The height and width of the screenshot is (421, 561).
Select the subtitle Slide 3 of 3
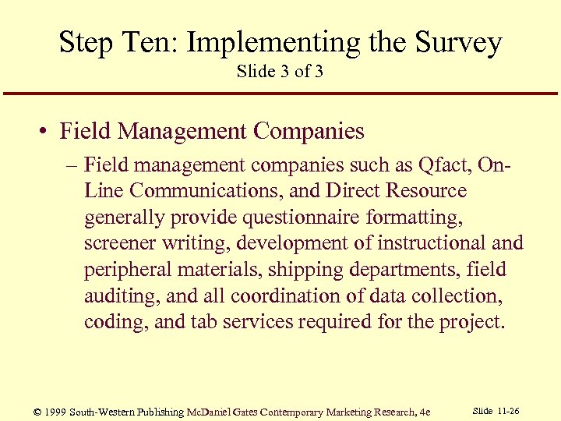point(280,72)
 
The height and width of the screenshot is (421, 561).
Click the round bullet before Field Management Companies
point(45,132)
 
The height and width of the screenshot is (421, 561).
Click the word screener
point(118,243)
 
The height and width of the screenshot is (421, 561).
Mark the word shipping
point(302,270)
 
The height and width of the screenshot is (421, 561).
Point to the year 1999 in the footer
point(56,412)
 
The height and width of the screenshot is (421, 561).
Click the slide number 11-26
point(510,411)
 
